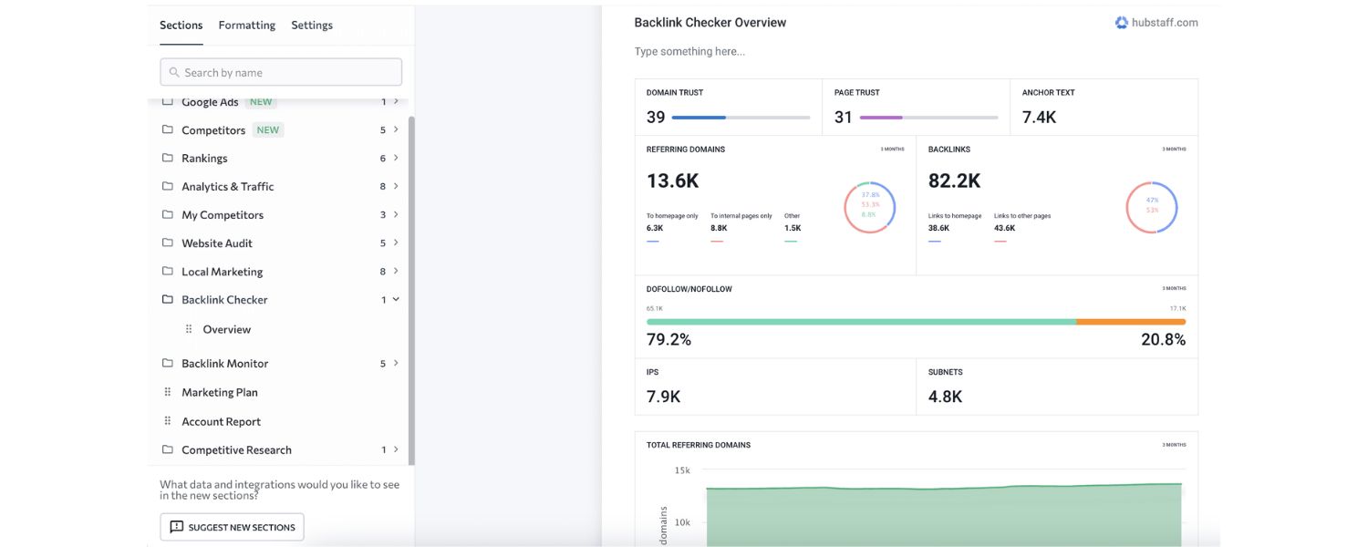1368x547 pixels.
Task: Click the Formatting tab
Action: (246, 26)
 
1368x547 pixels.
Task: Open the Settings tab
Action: (312, 26)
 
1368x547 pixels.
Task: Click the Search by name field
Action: (281, 72)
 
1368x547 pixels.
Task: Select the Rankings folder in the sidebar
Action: (204, 159)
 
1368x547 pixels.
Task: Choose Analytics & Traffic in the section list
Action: (227, 187)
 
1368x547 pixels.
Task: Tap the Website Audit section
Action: (216, 243)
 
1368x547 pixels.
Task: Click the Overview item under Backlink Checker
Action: (226, 330)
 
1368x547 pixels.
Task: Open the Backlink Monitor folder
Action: (224, 364)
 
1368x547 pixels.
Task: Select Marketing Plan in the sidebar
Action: (219, 393)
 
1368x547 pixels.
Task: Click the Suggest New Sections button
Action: (232, 527)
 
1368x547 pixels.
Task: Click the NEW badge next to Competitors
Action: (267, 130)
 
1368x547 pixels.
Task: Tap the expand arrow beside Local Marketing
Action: (396, 271)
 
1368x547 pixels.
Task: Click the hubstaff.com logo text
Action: (1164, 23)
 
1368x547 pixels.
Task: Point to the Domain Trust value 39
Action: (656, 118)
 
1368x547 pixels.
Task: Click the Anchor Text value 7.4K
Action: (1039, 118)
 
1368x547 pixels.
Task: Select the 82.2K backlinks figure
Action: (954, 181)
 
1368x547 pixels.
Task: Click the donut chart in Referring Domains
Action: (869, 208)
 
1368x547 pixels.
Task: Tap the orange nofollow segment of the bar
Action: (1131, 322)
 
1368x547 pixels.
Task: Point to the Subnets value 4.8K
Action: (945, 397)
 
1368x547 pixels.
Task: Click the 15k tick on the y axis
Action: (682, 470)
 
